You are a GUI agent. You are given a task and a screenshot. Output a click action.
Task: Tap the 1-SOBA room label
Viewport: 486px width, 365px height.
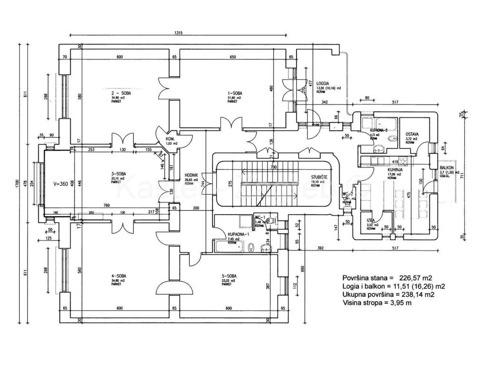click(x=234, y=94)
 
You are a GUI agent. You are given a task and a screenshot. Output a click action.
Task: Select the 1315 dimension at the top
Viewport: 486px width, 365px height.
click(x=178, y=33)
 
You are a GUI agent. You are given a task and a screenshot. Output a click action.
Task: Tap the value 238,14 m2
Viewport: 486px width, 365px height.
click(x=416, y=295)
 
